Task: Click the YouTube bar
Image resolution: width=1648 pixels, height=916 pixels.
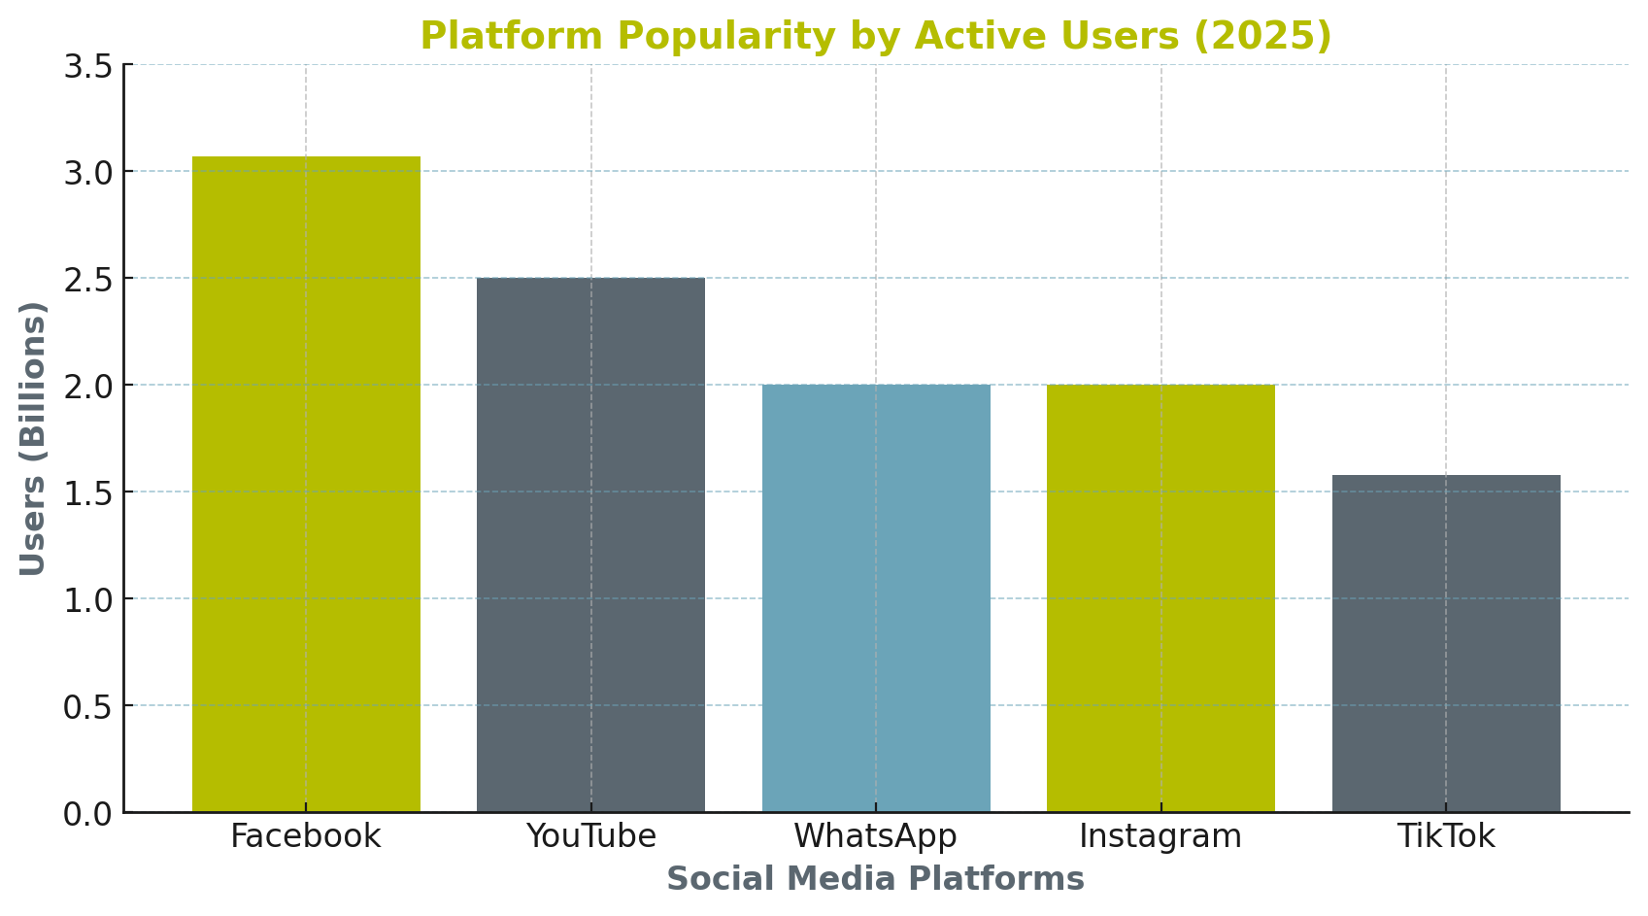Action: click(590, 544)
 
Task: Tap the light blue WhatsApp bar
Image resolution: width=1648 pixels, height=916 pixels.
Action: click(876, 597)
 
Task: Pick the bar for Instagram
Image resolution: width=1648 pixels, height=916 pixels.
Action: click(1160, 597)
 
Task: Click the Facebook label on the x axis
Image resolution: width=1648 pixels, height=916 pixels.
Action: click(306, 836)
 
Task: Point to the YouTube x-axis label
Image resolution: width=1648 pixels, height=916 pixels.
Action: click(590, 836)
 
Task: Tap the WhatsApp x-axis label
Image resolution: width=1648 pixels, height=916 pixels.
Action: click(876, 836)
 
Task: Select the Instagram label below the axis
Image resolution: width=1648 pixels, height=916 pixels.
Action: click(1160, 836)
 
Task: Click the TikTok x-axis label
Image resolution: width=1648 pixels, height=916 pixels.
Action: click(1446, 836)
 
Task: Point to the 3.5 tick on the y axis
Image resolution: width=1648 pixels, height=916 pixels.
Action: click(87, 66)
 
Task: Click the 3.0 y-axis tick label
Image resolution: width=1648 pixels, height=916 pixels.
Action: click(87, 173)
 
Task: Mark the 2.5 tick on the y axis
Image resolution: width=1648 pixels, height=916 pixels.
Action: click(87, 280)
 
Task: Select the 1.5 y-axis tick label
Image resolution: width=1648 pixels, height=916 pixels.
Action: click(87, 492)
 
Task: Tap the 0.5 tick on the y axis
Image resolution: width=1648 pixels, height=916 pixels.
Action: click(87, 706)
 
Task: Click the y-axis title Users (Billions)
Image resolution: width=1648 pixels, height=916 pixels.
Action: click(33, 438)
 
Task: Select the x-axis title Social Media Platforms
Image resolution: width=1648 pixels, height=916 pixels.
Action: click(875, 879)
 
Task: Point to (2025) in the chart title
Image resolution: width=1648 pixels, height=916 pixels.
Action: click(1261, 37)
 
